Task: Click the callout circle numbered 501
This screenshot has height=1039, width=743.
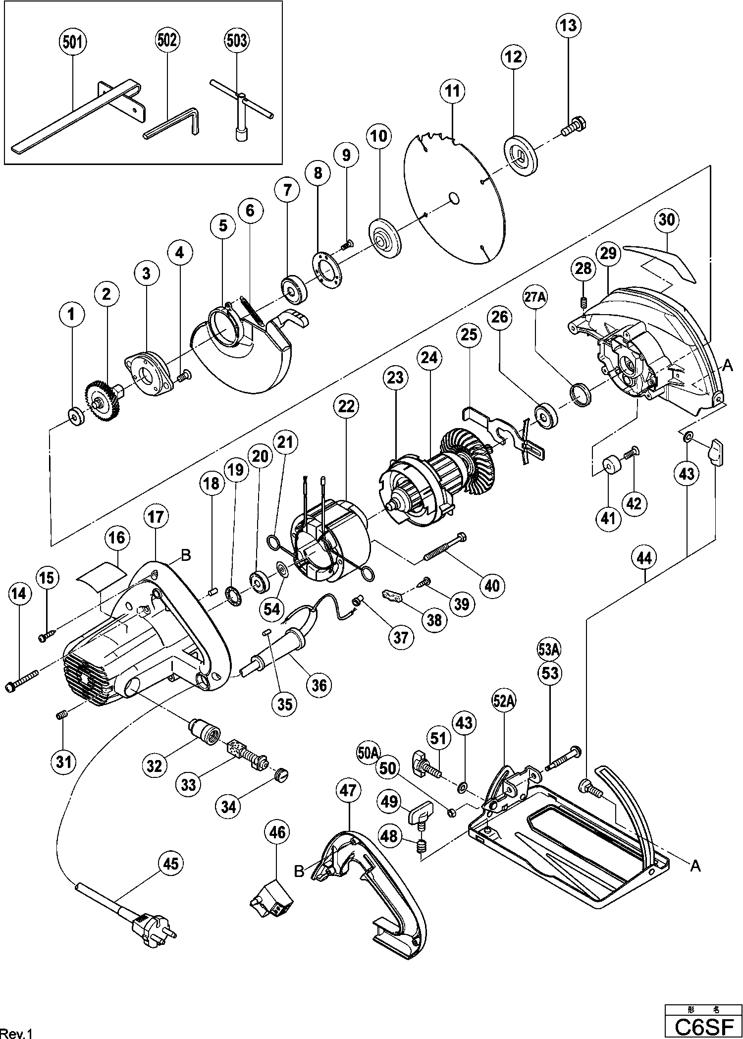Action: [72, 42]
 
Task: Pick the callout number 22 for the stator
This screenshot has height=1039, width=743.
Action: [346, 406]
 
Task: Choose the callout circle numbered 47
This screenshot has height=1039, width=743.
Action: [348, 791]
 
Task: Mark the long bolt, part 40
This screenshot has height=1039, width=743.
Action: [444, 549]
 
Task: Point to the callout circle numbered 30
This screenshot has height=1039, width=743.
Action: [667, 219]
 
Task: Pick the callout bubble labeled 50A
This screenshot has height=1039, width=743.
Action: [368, 753]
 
